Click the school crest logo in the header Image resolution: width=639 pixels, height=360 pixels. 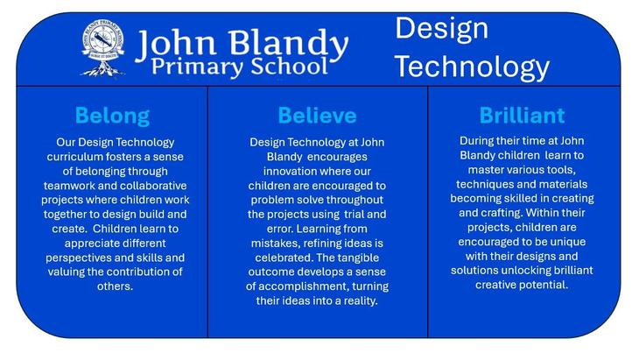click(x=102, y=49)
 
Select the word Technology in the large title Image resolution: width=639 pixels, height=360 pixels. click(x=472, y=67)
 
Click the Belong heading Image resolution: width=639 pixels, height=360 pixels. click(x=112, y=116)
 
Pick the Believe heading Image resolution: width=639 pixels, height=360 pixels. click(x=317, y=116)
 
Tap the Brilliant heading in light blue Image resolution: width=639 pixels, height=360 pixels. click(x=522, y=116)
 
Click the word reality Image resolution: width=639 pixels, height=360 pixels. click(x=362, y=301)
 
